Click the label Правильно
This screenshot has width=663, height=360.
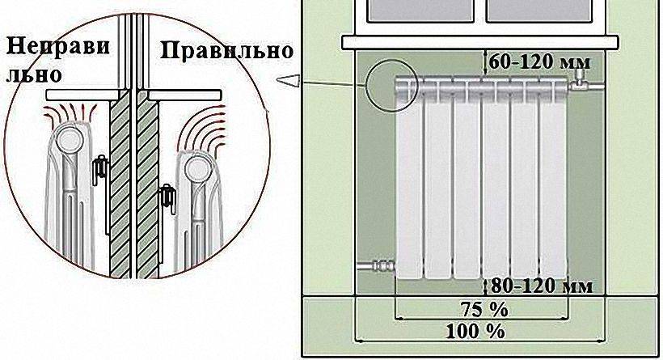(226, 51)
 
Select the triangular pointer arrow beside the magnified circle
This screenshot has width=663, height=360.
(289, 78)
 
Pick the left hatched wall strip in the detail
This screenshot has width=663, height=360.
(118, 202)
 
